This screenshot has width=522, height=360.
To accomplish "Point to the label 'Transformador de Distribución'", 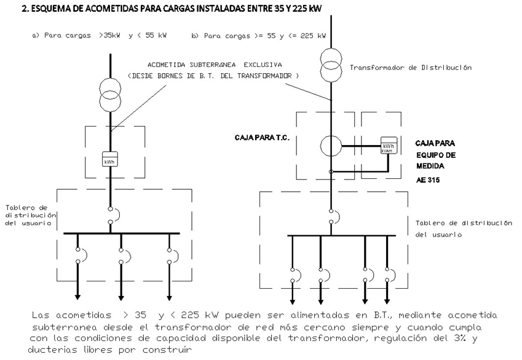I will (411, 68).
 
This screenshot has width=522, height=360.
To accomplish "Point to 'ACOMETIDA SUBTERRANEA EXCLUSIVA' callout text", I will (215, 64).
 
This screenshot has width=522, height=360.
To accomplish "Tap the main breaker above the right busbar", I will (331, 216).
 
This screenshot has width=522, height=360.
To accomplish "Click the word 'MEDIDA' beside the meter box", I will (430, 166).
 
